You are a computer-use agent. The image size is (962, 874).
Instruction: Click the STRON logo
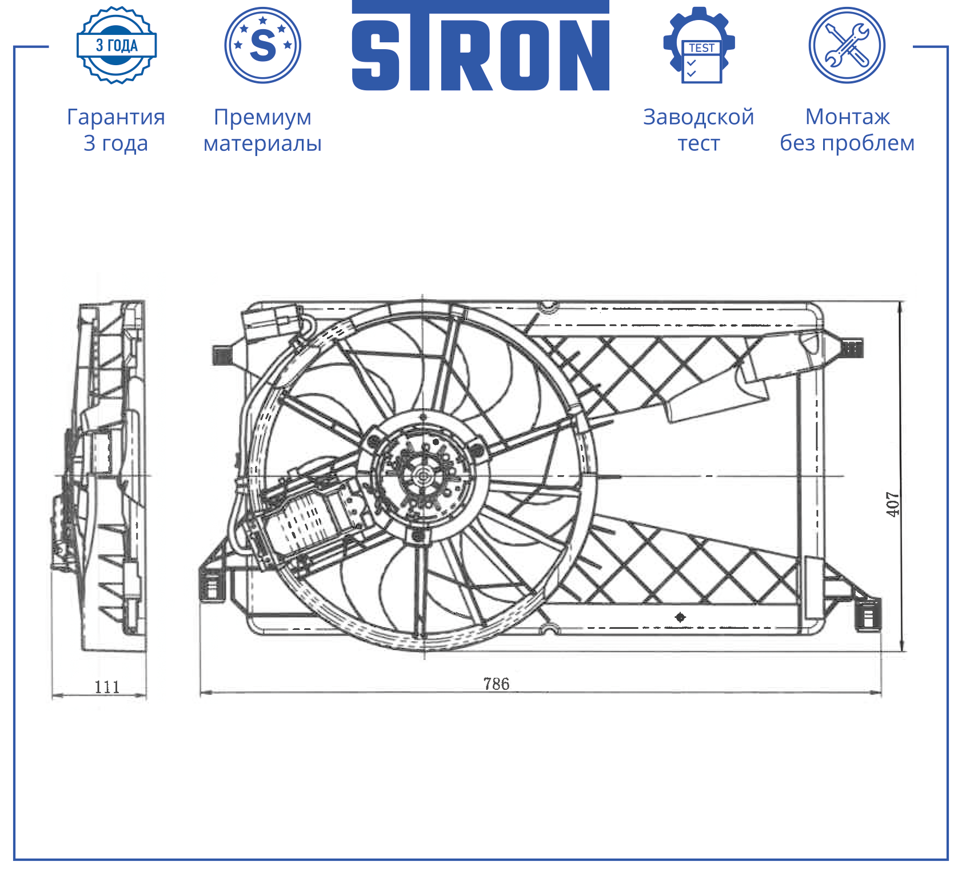(x=480, y=46)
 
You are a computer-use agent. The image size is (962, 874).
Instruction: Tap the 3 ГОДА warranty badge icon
(x=117, y=45)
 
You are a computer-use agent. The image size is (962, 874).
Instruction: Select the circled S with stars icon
(x=263, y=45)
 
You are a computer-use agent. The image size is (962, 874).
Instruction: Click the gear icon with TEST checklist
(x=699, y=45)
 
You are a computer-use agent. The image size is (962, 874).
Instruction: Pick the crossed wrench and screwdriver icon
(x=847, y=45)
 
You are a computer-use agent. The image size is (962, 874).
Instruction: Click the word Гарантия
(x=116, y=117)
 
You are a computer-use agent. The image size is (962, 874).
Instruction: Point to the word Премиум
(x=263, y=118)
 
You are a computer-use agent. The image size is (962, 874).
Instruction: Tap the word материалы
(x=263, y=143)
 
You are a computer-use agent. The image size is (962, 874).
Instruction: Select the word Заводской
(x=698, y=117)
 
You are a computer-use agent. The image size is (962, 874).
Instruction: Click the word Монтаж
(x=847, y=117)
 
